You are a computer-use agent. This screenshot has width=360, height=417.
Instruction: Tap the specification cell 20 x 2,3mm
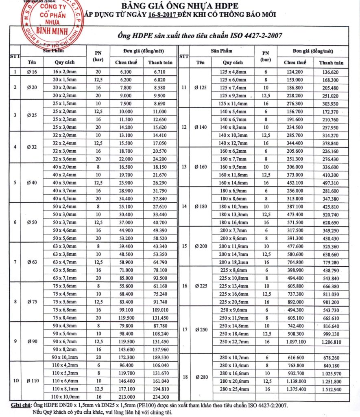pos(67,95)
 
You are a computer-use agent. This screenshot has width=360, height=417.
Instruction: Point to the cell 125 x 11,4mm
pos(233,103)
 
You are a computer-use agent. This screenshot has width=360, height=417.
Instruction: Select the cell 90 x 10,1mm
pos(67,357)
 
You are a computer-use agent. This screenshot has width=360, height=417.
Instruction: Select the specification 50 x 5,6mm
pos(67,238)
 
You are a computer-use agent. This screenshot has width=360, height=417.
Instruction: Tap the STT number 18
pos(184,377)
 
